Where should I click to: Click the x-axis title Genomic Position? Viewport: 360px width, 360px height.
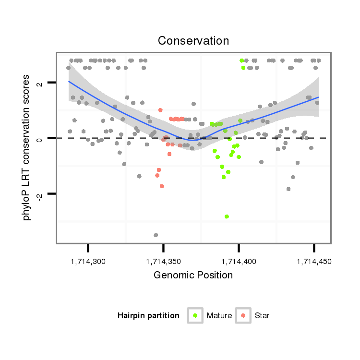click(193, 276)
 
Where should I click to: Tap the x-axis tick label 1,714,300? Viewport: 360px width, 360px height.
click(88, 262)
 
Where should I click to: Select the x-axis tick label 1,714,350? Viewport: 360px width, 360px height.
click(164, 262)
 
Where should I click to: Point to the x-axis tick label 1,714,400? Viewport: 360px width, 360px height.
click(239, 262)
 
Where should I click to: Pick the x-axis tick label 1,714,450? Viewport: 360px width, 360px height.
click(314, 262)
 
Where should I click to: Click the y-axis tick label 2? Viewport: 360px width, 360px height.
click(40, 83)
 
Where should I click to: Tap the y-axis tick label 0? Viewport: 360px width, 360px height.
click(40, 138)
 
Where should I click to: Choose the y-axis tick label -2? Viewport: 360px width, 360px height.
click(40, 195)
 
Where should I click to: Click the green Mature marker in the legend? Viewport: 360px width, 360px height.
click(195, 315)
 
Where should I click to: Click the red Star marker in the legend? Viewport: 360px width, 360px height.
click(243, 315)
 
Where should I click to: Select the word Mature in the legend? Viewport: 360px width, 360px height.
click(219, 316)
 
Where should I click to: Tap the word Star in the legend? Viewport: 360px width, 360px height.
click(263, 316)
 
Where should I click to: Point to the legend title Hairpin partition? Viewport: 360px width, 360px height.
click(148, 316)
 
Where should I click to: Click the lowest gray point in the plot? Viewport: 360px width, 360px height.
click(156, 235)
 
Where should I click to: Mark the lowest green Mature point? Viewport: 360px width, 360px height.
click(227, 216)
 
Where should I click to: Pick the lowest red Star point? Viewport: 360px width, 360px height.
click(162, 186)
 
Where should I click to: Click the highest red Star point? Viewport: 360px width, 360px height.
click(160, 110)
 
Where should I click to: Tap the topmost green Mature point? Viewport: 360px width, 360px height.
click(242, 60)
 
